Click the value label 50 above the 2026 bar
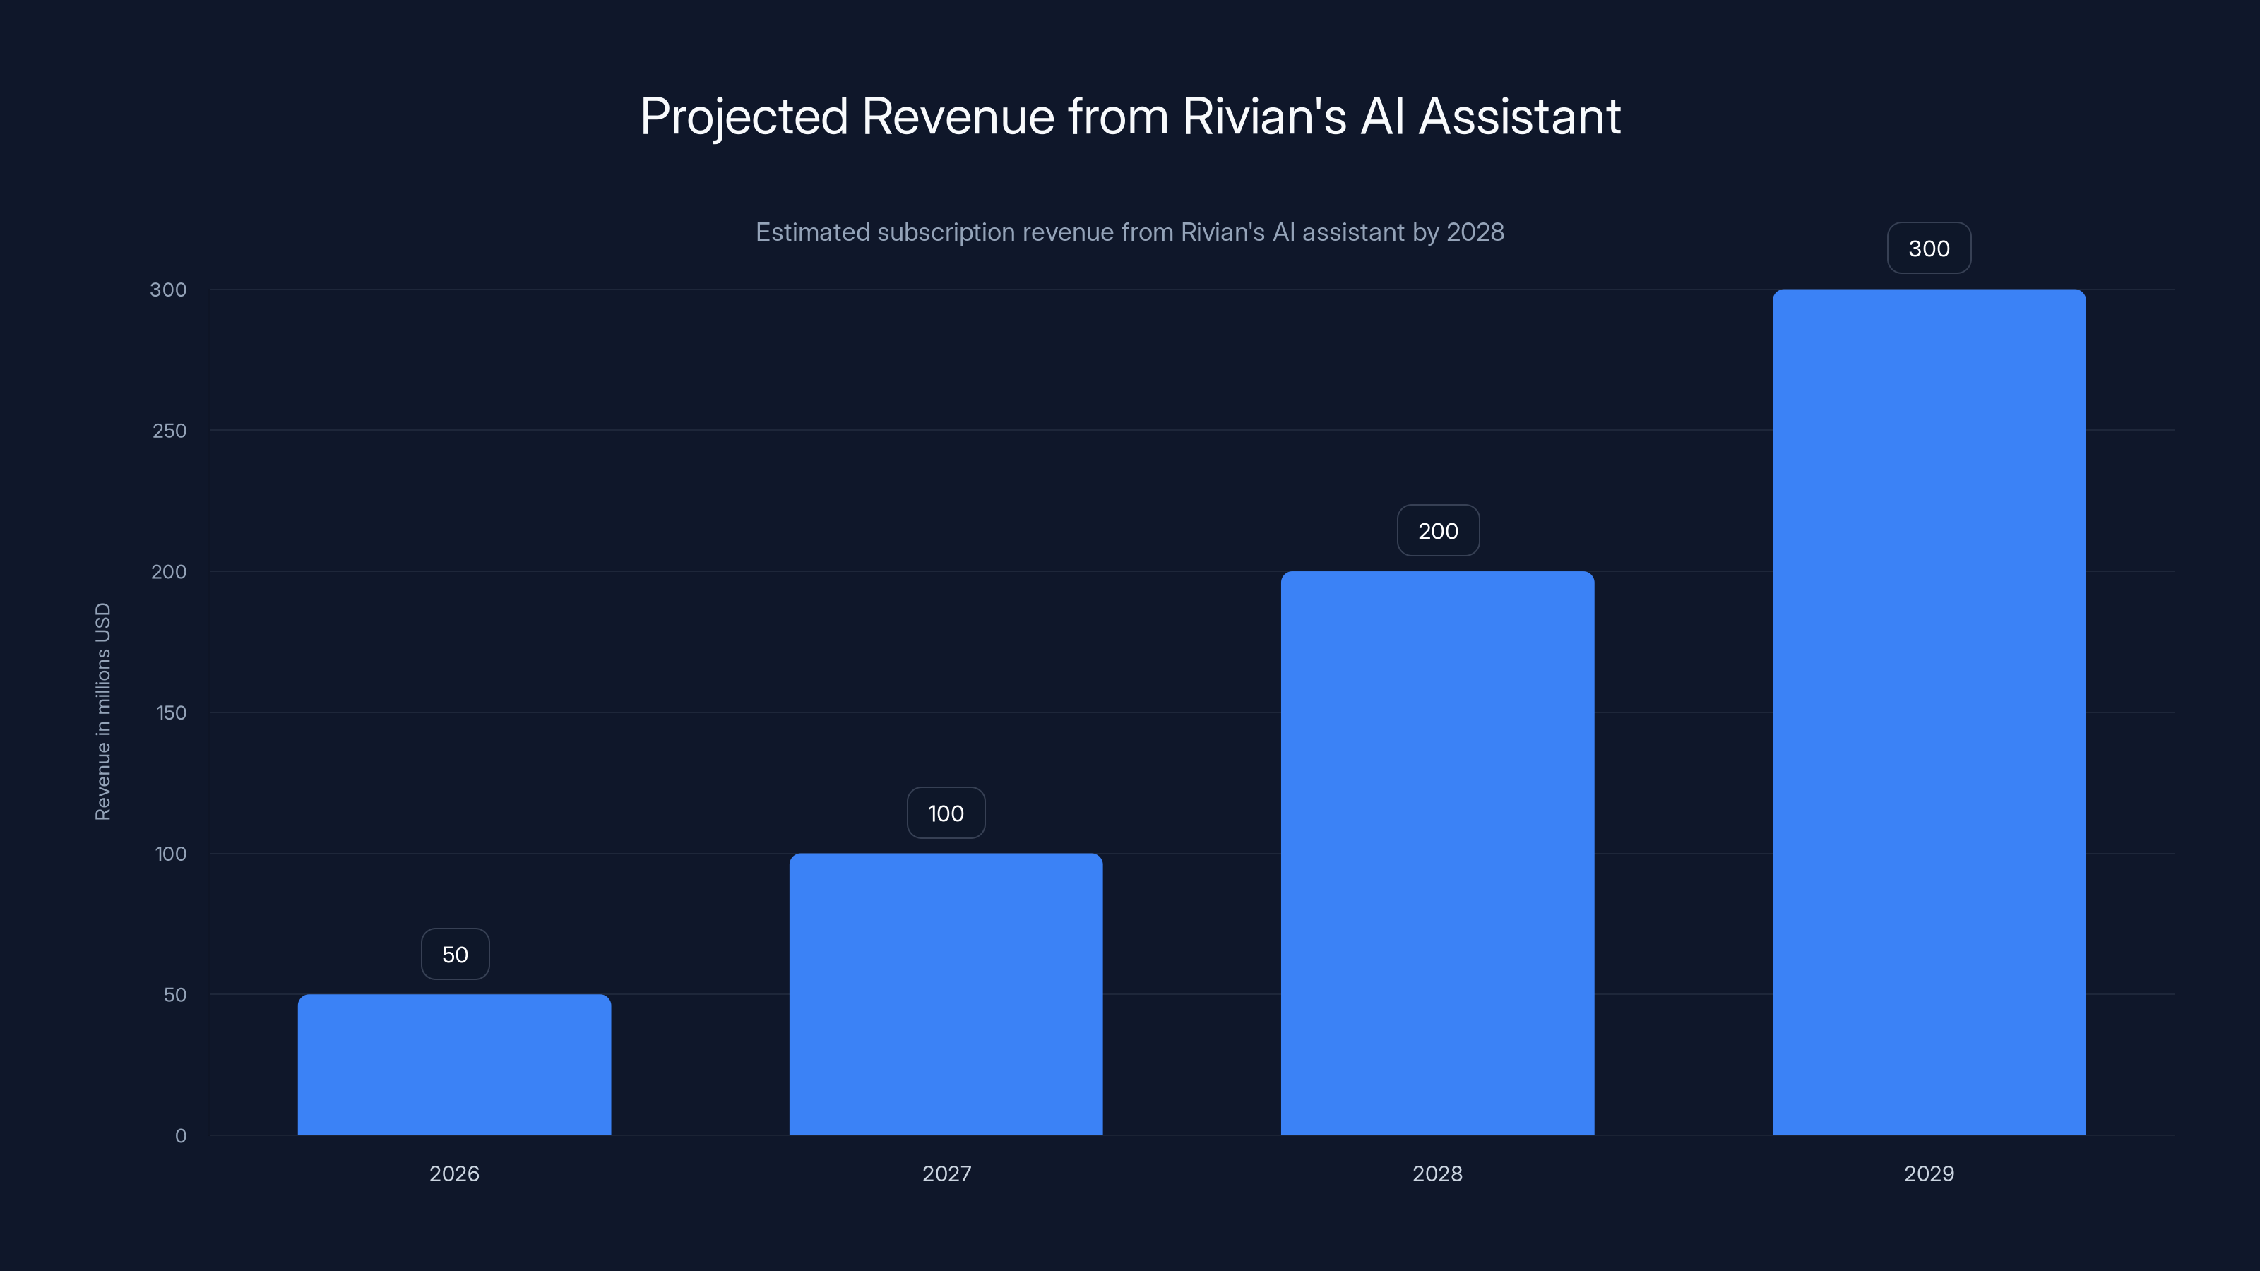[x=454, y=955]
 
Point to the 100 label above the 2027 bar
[x=945, y=813]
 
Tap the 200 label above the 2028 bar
[x=1438, y=531]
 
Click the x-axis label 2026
[x=453, y=1174]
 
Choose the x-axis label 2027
[x=946, y=1174]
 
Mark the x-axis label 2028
[x=1437, y=1174]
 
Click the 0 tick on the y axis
[x=181, y=1136]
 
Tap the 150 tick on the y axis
[x=171, y=713]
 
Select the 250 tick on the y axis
[x=169, y=431]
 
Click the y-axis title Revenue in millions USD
[x=102, y=711]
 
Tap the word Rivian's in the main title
[x=1263, y=117]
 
